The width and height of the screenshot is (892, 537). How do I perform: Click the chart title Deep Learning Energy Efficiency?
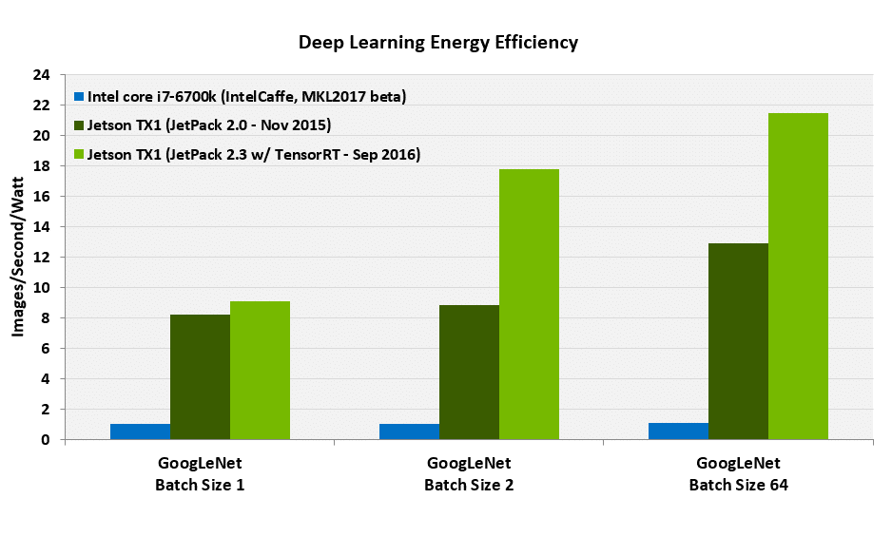point(438,43)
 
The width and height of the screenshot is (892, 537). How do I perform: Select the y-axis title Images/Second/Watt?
point(18,257)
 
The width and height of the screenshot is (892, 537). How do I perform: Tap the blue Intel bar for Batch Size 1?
point(140,432)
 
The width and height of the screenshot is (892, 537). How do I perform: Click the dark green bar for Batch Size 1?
point(200,377)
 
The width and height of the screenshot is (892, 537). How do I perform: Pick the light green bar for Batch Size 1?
point(260,371)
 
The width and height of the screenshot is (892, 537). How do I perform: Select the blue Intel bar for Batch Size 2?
point(409,432)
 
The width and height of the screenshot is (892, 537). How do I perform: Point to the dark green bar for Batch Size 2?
point(469,373)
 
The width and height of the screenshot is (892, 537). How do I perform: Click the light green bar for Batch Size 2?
point(529,304)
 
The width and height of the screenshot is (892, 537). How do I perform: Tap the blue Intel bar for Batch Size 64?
point(678,431)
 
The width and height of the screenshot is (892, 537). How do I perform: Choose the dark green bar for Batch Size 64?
point(738,341)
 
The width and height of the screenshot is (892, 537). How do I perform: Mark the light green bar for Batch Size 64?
point(798,277)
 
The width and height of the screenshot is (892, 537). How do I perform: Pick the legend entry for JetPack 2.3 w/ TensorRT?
point(246,154)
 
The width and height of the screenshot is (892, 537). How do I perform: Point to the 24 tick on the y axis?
point(42,75)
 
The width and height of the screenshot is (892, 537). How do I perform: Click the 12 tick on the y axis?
point(42,258)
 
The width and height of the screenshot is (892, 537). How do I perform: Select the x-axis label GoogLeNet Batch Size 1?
point(200,474)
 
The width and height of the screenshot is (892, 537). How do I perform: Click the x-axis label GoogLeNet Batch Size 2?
point(469,474)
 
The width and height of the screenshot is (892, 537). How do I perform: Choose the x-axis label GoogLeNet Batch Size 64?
point(738,474)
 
